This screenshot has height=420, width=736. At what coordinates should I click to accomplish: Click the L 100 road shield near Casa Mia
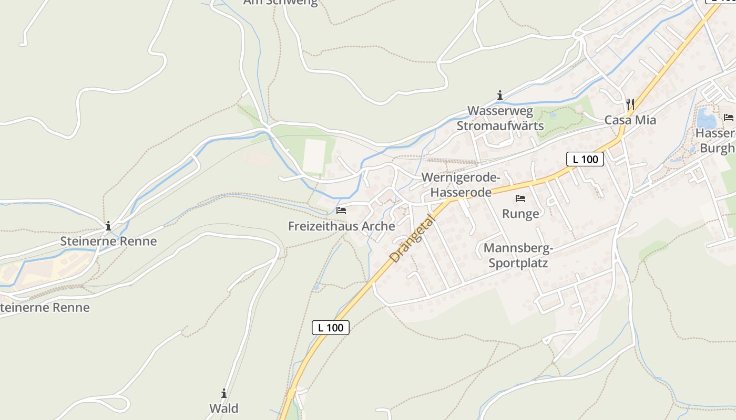coord(585,159)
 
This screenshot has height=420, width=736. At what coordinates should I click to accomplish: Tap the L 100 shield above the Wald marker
coord(331,328)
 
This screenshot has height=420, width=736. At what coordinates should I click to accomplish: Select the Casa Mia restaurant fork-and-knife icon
coord(630,104)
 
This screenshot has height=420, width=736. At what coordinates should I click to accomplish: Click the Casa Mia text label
coord(630,120)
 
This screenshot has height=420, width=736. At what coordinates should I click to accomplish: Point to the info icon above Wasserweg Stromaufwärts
coord(499,95)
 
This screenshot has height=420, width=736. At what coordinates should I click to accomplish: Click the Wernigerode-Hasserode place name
coord(461,185)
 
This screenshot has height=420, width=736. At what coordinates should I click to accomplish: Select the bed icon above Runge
coord(520,198)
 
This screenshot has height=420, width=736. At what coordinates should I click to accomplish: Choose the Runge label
coord(520,214)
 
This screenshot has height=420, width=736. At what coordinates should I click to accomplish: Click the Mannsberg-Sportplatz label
coord(518,255)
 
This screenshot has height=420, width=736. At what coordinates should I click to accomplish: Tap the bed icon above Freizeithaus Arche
coord(341,211)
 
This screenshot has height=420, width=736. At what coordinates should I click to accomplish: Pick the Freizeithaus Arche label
coord(341,226)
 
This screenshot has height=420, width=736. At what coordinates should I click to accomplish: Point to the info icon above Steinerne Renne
coord(108,226)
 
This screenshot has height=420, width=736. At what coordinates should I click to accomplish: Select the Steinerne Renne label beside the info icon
coord(108,241)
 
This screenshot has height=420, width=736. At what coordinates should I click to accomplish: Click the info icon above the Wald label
coord(224,393)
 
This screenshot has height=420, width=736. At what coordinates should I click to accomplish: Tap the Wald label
coord(224,408)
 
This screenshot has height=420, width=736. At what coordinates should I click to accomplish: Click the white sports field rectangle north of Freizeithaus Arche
coord(314,155)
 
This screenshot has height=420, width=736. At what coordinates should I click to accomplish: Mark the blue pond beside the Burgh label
coord(706,119)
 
